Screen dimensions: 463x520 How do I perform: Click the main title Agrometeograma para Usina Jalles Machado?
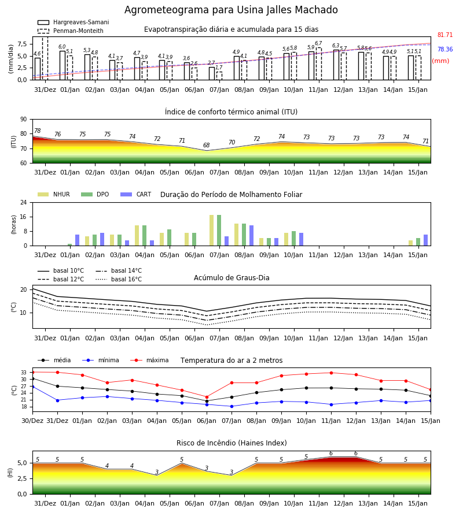click(231, 10)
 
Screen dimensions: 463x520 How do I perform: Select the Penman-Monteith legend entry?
click(71, 31)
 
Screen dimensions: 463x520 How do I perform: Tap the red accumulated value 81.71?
click(445, 35)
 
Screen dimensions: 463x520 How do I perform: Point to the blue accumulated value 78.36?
click(445, 50)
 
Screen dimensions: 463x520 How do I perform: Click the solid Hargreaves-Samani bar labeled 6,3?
click(336, 65)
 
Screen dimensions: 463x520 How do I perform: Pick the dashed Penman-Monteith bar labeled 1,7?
click(219, 76)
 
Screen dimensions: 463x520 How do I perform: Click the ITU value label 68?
click(207, 145)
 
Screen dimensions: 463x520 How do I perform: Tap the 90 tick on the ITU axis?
click(24, 120)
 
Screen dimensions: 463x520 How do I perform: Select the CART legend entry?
click(136, 194)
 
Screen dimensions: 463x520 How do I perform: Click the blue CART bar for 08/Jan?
click(251, 236)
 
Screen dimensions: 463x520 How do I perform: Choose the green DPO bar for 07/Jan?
click(219, 231)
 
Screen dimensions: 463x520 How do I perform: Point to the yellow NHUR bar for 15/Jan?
click(410, 243)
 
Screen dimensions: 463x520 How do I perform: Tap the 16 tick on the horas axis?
click(24, 217)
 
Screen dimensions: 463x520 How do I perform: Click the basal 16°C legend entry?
click(119, 279)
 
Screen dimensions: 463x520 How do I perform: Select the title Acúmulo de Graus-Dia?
click(231, 278)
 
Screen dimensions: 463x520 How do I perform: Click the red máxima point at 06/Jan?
click(207, 397)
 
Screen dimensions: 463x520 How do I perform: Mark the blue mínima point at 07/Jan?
click(232, 406)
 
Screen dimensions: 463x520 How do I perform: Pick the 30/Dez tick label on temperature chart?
click(32, 421)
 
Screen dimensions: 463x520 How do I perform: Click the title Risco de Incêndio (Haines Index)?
click(231, 443)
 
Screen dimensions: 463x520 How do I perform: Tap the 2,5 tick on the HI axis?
click(22, 478)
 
